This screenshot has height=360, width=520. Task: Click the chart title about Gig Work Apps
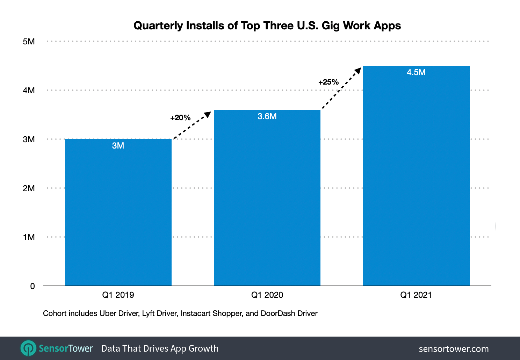267,26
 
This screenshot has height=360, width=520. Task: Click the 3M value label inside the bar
118,146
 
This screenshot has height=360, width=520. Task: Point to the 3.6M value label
267,116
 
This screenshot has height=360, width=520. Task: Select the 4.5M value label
416,72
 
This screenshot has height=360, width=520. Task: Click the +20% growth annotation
180,118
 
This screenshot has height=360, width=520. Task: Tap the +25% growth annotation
328,82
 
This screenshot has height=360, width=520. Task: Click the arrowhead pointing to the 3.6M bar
208,114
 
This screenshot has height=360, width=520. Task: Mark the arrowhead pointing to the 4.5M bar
358,71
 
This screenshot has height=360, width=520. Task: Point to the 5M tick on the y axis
29,42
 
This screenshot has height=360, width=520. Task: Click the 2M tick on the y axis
29,188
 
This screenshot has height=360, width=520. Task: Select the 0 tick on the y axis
32,286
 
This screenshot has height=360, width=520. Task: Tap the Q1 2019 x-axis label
118,295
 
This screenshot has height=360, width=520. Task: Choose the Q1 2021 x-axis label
416,295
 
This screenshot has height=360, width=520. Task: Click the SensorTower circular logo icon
28,348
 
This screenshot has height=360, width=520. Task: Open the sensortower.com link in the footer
454,349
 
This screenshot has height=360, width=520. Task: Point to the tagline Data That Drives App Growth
160,348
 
